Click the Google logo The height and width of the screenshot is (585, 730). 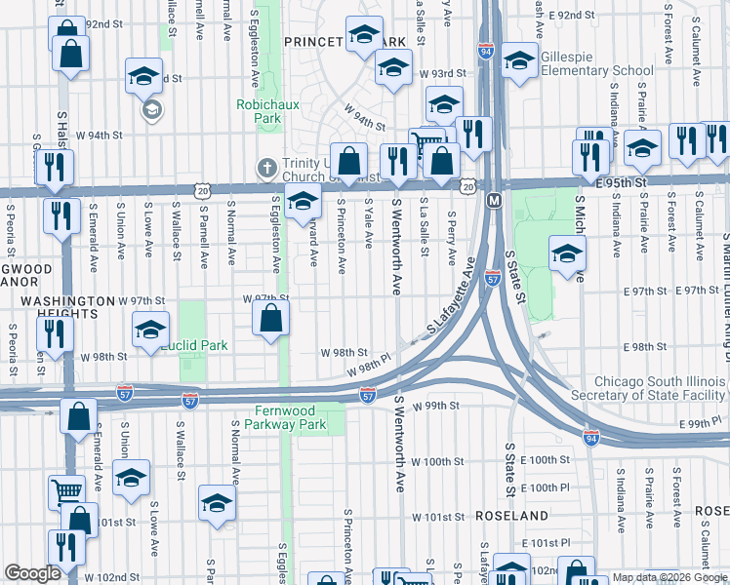32,572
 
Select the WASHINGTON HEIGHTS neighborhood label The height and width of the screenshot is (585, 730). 61,301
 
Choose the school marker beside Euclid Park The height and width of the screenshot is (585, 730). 150,330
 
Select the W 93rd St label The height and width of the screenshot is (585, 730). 439,74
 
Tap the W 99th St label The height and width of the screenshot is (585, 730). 435,405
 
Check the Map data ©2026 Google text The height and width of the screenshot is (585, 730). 669,577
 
